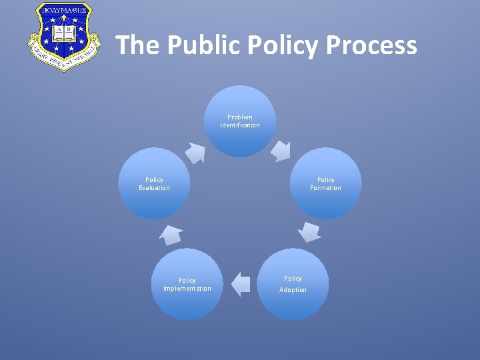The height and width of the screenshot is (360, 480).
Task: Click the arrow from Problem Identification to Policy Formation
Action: [x=281, y=151]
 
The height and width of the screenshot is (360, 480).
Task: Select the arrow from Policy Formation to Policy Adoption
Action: [x=309, y=231]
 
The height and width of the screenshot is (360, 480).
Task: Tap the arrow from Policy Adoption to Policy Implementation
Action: [x=240, y=284]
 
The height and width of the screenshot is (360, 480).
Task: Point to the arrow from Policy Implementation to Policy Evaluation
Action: [x=171, y=235]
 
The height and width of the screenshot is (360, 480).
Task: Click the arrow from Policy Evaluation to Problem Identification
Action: [x=195, y=153]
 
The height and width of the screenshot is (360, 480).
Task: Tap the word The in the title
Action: [x=138, y=45]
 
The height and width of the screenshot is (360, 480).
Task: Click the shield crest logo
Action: [x=59, y=37]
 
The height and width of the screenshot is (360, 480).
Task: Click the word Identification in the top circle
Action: [x=240, y=125]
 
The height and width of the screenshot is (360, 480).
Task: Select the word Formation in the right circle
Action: [x=325, y=188]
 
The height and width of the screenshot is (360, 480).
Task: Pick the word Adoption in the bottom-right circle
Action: [x=293, y=290]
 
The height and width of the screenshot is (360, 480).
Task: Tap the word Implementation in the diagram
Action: [x=187, y=289]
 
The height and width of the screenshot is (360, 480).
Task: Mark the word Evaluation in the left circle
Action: [x=154, y=188]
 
